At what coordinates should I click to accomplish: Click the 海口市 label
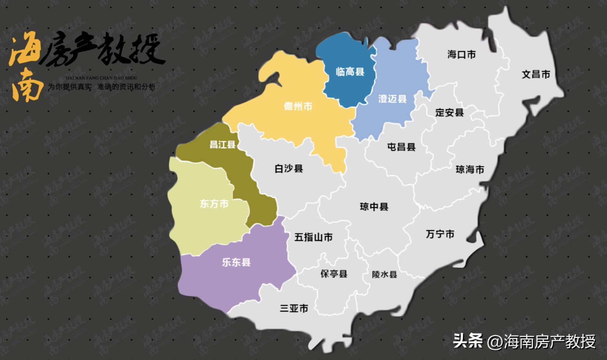[x=461, y=55]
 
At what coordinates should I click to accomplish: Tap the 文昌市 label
[x=536, y=74]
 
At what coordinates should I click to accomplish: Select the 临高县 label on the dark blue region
[x=350, y=72]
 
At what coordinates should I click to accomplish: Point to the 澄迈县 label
[x=392, y=99]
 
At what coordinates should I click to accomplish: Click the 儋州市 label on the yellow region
[x=298, y=107]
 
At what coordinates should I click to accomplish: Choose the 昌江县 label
[x=222, y=144]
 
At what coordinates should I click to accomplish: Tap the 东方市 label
[x=214, y=204]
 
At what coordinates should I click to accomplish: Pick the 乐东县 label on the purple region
[x=236, y=262]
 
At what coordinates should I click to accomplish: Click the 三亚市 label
[x=294, y=308]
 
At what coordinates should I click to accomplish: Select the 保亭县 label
[x=334, y=274]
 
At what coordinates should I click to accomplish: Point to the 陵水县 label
[x=385, y=275]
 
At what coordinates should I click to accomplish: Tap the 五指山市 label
[x=313, y=237]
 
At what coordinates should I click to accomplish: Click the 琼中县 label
[x=374, y=207]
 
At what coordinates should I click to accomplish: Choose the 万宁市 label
[x=440, y=234]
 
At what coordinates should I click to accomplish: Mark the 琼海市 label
[x=470, y=169]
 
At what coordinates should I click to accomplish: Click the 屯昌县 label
[x=401, y=147]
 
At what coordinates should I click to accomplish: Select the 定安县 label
[x=449, y=113]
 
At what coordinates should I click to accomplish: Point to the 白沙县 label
[x=289, y=169]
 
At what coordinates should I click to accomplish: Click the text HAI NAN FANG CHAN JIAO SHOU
[x=101, y=78]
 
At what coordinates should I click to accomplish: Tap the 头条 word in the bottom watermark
[x=468, y=341]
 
